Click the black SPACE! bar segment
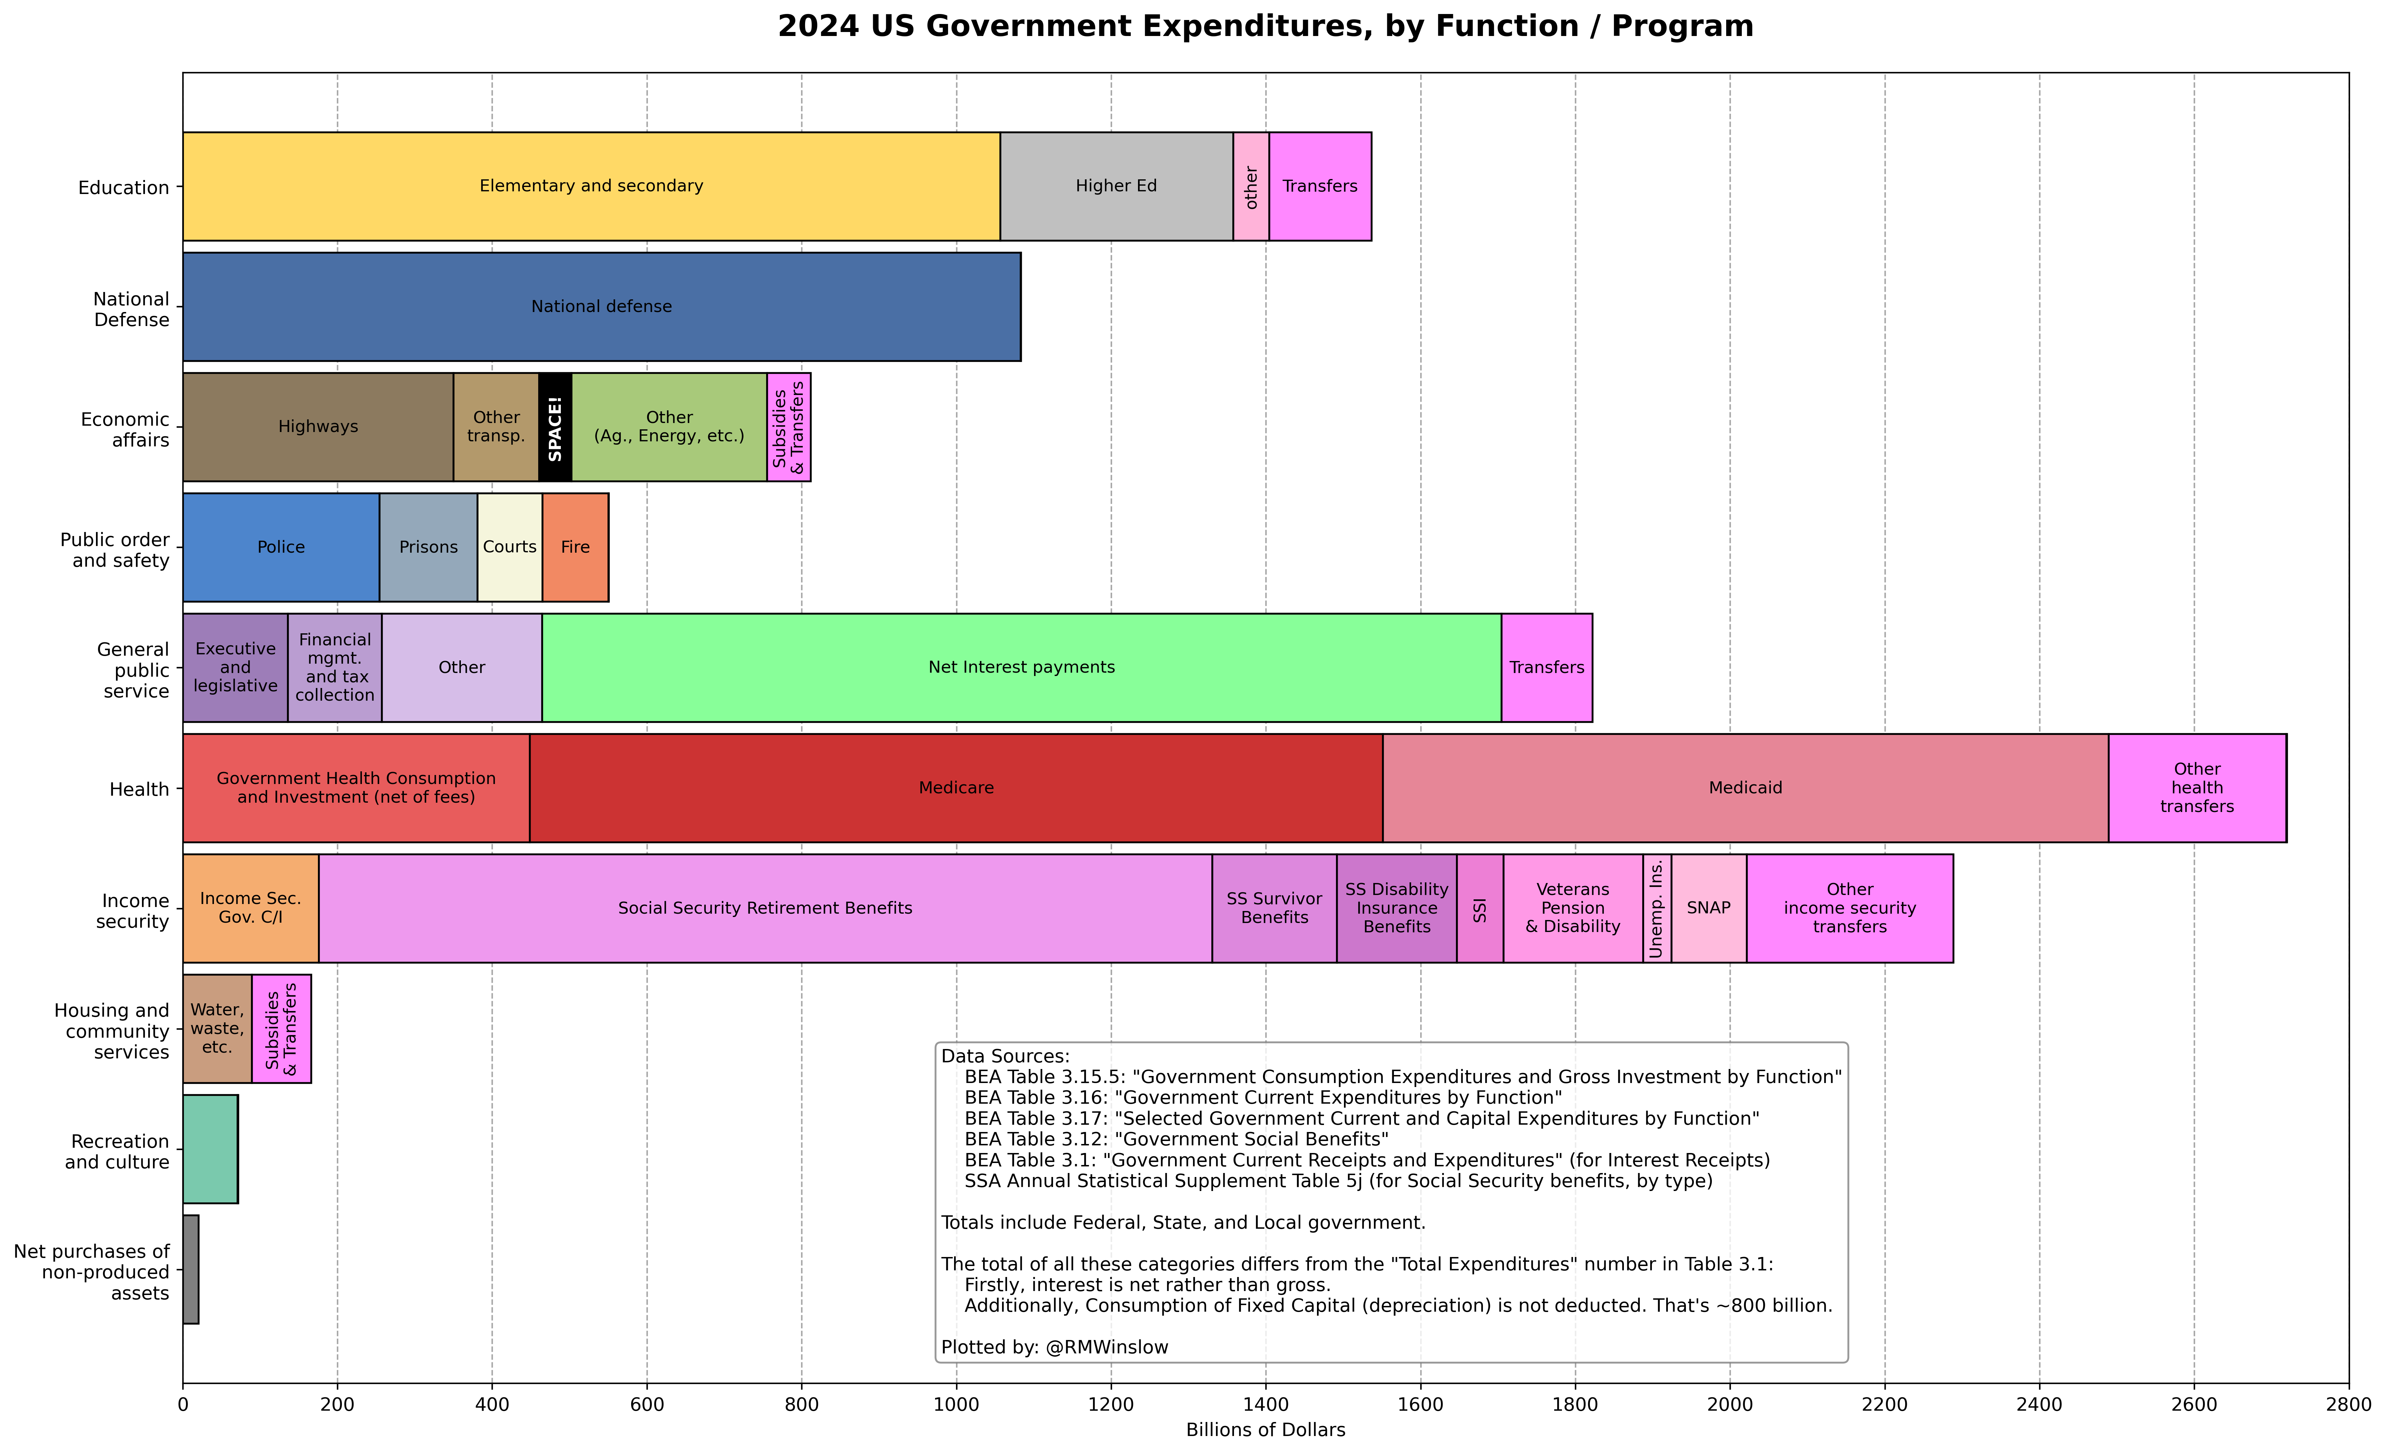tap(555, 427)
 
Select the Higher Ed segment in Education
tap(1116, 186)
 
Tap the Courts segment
tap(509, 547)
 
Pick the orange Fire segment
tap(575, 547)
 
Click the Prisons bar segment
tap(428, 547)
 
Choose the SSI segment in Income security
tap(1480, 909)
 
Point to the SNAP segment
tap(1708, 909)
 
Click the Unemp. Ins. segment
tap(1657, 909)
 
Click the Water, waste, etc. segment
tap(217, 1029)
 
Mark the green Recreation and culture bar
tap(210, 1149)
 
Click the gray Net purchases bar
tap(191, 1269)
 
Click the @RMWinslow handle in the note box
tap(1107, 1347)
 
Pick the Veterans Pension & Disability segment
tap(1573, 909)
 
